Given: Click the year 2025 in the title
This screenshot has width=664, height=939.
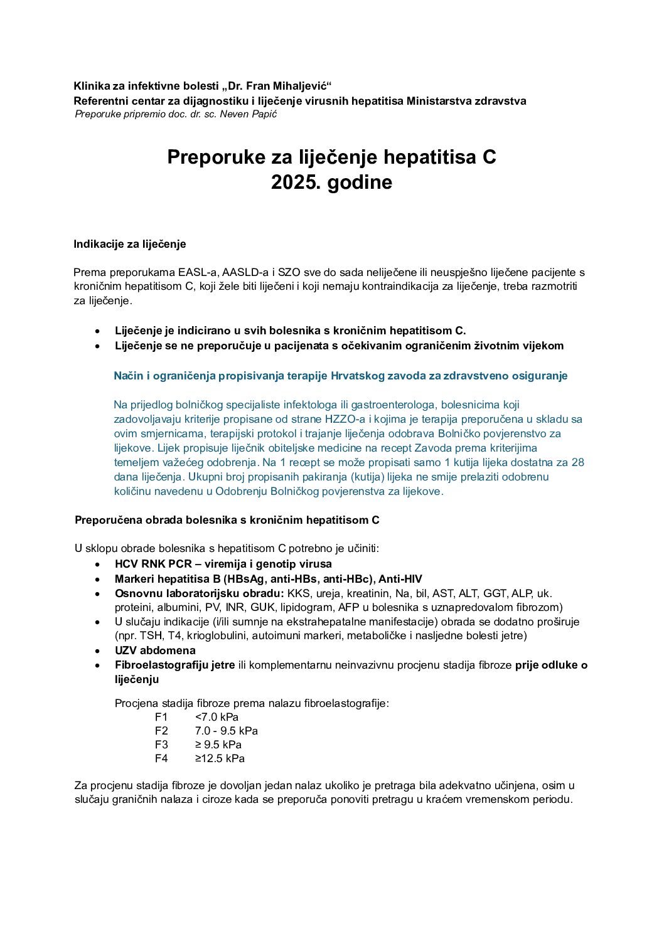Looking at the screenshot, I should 296,183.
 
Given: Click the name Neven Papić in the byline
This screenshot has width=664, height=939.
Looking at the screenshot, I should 248,114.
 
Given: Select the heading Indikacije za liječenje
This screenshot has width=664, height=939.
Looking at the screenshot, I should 130,244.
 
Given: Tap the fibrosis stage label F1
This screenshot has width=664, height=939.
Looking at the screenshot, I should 161,717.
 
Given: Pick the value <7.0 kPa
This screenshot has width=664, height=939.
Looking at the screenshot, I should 217,717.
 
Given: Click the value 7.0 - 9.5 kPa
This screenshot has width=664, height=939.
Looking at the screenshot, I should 226,731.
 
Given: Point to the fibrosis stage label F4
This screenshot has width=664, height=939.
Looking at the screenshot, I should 161,758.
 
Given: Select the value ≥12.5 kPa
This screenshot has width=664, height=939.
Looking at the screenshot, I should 220,758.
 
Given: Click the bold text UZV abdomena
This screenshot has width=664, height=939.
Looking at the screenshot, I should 155,650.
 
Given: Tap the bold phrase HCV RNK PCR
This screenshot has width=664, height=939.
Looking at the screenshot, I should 153,564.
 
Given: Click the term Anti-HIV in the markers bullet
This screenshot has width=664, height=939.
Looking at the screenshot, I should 400,579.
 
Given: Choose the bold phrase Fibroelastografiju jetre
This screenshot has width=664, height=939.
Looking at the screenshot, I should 174,665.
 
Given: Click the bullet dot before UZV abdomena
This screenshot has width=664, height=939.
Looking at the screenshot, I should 98,651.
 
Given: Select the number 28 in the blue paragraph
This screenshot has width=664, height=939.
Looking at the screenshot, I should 577,462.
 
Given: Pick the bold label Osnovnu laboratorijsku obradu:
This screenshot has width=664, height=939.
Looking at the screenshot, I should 199,593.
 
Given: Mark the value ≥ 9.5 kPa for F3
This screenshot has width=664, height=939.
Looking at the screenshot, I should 218,745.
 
